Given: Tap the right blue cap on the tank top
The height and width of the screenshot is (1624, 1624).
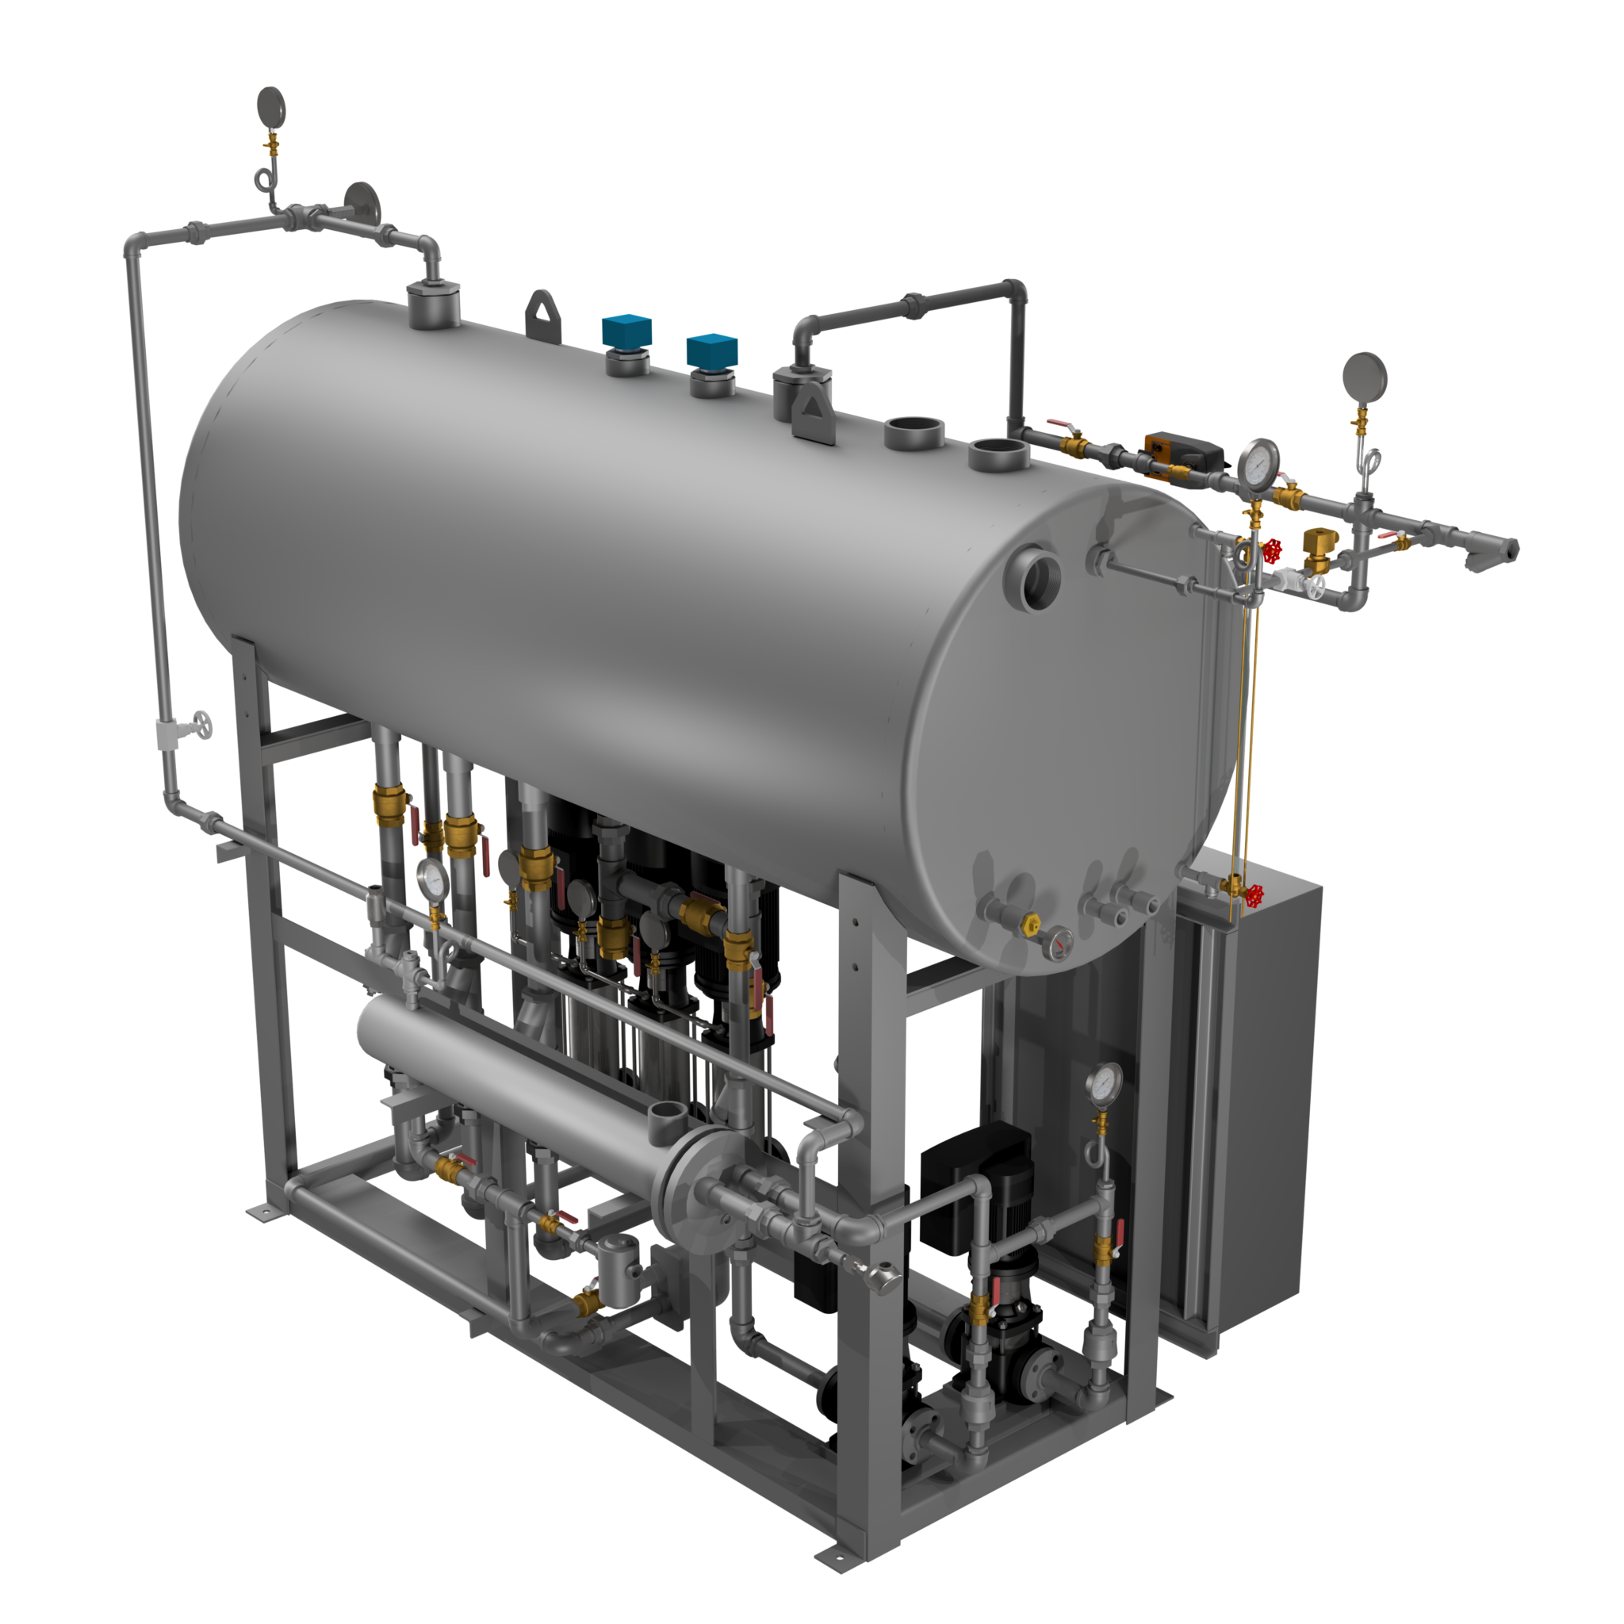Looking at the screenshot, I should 711,350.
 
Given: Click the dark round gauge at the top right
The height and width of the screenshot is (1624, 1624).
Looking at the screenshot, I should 1364,376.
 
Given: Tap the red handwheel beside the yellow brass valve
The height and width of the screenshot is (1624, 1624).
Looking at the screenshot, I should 1273,550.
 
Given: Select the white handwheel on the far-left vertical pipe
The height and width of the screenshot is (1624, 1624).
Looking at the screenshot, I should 201,724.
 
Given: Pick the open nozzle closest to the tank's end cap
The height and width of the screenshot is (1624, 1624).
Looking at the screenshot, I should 999,454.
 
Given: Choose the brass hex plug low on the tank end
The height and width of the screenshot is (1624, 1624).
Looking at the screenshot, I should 1032,925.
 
